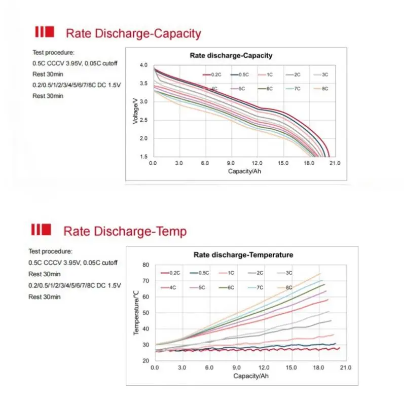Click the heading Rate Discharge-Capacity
(x=133, y=34)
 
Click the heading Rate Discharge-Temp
(x=125, y=232)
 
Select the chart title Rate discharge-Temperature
(x=243, y=255)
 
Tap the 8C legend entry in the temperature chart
(x=285, y=287)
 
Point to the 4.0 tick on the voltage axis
(x=143, y=65)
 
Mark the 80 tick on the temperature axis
(x=145, y=265)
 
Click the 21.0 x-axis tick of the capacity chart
(x=335, y=163)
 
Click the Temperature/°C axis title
(x=136, y=313)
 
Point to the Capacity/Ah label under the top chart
(x=244, y=171)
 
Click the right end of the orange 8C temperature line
(x=320, y=274)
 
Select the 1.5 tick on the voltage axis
(x=143, y=157)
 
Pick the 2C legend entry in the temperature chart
(x=256, y=273)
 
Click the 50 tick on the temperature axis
(x=145, y=313)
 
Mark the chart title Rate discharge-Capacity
(x=231, y=56)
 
